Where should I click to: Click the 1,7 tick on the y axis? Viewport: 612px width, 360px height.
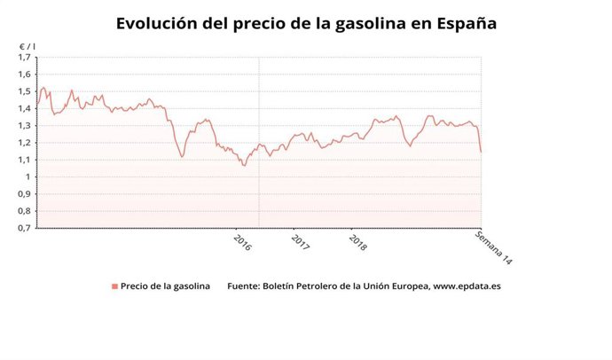pyautogui.click(x=24, y=58)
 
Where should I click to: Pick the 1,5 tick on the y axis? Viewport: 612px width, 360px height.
pyautogui.click(x=24, y=91)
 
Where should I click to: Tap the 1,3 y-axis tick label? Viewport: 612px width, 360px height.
pyautogui.click(x=24, y=126)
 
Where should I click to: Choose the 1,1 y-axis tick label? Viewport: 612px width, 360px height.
pyautogui.click(x=24, y=160)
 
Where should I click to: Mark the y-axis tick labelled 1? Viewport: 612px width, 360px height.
pyautogui.click(x=27, y=176)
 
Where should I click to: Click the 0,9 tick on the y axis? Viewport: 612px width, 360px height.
pyautogui.click(x=24, y=193)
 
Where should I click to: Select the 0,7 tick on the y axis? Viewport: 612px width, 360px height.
pyautogui.click(x=24, y=228)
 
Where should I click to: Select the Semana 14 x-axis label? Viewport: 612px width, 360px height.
pyautogui.click(x=494, y=248)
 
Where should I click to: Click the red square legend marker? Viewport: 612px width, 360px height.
pyautogui.click(x=114, y=286)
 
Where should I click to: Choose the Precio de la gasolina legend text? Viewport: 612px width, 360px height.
pyautogui.click(x=166, y=286)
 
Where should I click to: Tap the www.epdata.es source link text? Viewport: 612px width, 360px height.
pyautogui.click(x=467, y=286)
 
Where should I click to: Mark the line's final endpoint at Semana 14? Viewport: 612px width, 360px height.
pyautogui.click(x=481, y=152)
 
